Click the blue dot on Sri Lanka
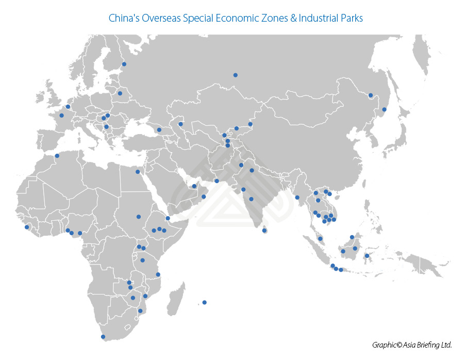(264, 231)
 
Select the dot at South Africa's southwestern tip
(103, 337)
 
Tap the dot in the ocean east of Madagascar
(205, 302)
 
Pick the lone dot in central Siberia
(235, 75)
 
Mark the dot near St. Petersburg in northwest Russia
(124, 64)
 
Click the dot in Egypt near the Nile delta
(138, 172)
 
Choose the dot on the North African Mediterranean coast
(57, 156)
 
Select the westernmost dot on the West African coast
(27, 227)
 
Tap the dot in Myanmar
(297, 197)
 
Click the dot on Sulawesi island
(367, 256)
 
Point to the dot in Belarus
(120, 93)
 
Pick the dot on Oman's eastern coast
(217, 181)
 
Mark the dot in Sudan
(138, 217)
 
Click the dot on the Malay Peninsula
(320, 239)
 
